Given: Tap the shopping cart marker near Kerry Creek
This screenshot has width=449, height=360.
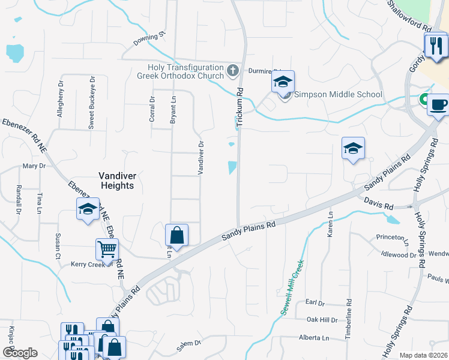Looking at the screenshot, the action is pos(107,250).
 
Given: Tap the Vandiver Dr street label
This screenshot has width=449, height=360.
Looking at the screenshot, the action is pos(202,158).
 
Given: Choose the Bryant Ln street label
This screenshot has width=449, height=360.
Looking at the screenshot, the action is pos(173,110).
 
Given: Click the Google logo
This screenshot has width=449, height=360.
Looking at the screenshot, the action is pos(20,353).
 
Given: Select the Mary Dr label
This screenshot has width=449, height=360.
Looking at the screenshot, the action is pos(34,166).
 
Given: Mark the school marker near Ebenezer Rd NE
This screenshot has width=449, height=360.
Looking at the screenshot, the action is pos(88,209).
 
